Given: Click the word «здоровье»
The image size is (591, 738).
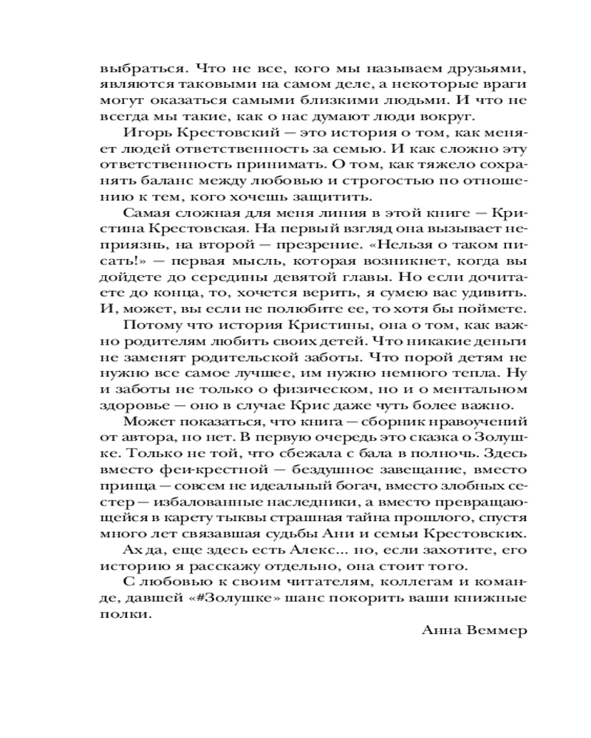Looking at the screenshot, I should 131,405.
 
